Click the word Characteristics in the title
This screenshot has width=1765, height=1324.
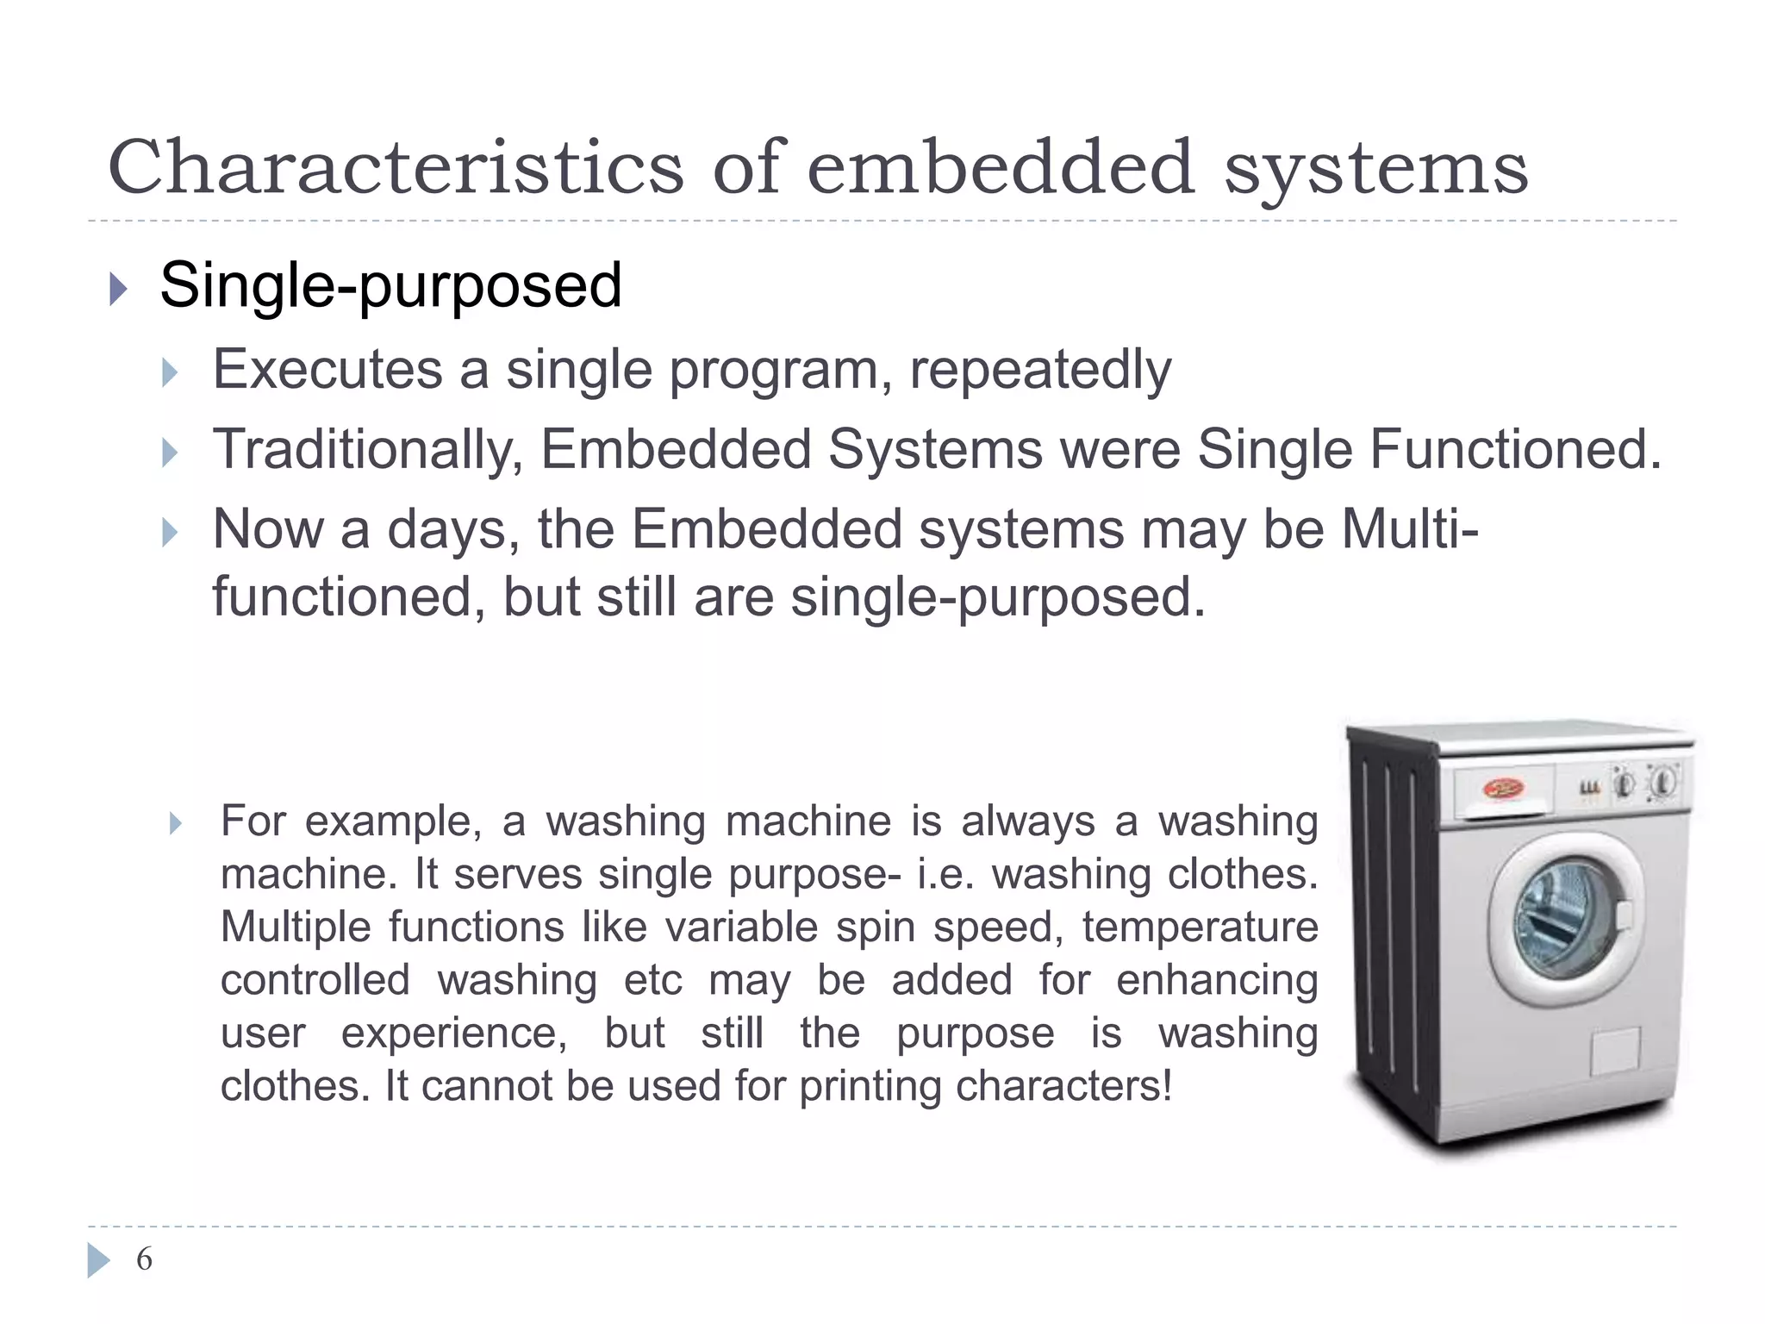coord(396,167)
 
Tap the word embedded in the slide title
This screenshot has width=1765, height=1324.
coord(1000,167)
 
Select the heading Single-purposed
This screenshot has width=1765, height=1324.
coord(390,285)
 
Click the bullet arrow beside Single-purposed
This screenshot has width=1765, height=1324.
coord(119,290)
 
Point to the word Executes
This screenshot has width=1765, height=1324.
coord(327,370)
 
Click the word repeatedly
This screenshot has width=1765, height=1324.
coord(1040,372)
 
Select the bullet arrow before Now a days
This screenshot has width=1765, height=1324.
coord(170,533)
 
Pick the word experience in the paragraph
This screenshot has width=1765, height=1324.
coord(454,1034)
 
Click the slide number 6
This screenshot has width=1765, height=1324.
coord(144,1259)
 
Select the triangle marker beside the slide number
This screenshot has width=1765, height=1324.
coord(99,1260)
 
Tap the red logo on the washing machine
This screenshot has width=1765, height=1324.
coord(1503,788)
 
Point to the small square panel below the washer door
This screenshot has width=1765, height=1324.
coord(1614,1052)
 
